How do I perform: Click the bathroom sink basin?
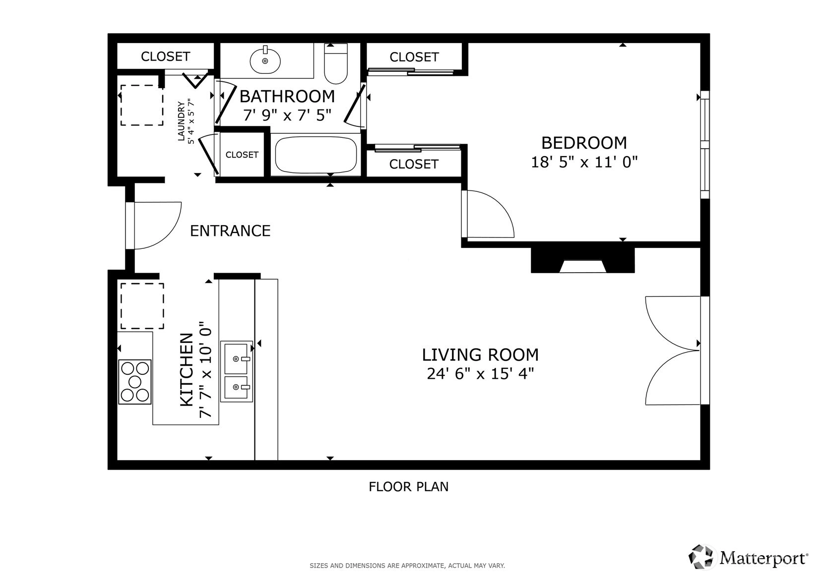[x=265, y=60]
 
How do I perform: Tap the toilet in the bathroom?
[x=336, y=63]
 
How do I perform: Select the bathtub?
[x=316, y=154]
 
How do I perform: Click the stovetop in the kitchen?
[x=135, y=382]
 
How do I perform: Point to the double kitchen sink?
[x=236, y=371]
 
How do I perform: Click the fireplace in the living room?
[x=583, y=260]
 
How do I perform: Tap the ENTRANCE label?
[x=230, y=231]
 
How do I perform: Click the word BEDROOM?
[x=584, y=143]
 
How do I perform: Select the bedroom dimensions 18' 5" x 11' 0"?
[x=584, y=162]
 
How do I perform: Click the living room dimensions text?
[x=480, y=374]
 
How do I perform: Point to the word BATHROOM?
[x=287, y=96]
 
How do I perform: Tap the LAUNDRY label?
[x=181, y=121]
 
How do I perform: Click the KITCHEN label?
[x=187, y=370]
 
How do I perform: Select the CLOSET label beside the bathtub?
[x=242, y=155]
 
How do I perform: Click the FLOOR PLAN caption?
[x=409, y=487]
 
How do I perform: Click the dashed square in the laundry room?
[x=142, y=106]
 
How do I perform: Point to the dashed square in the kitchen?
[x=142, y=306]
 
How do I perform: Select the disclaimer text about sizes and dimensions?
[x=407, y=566]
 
